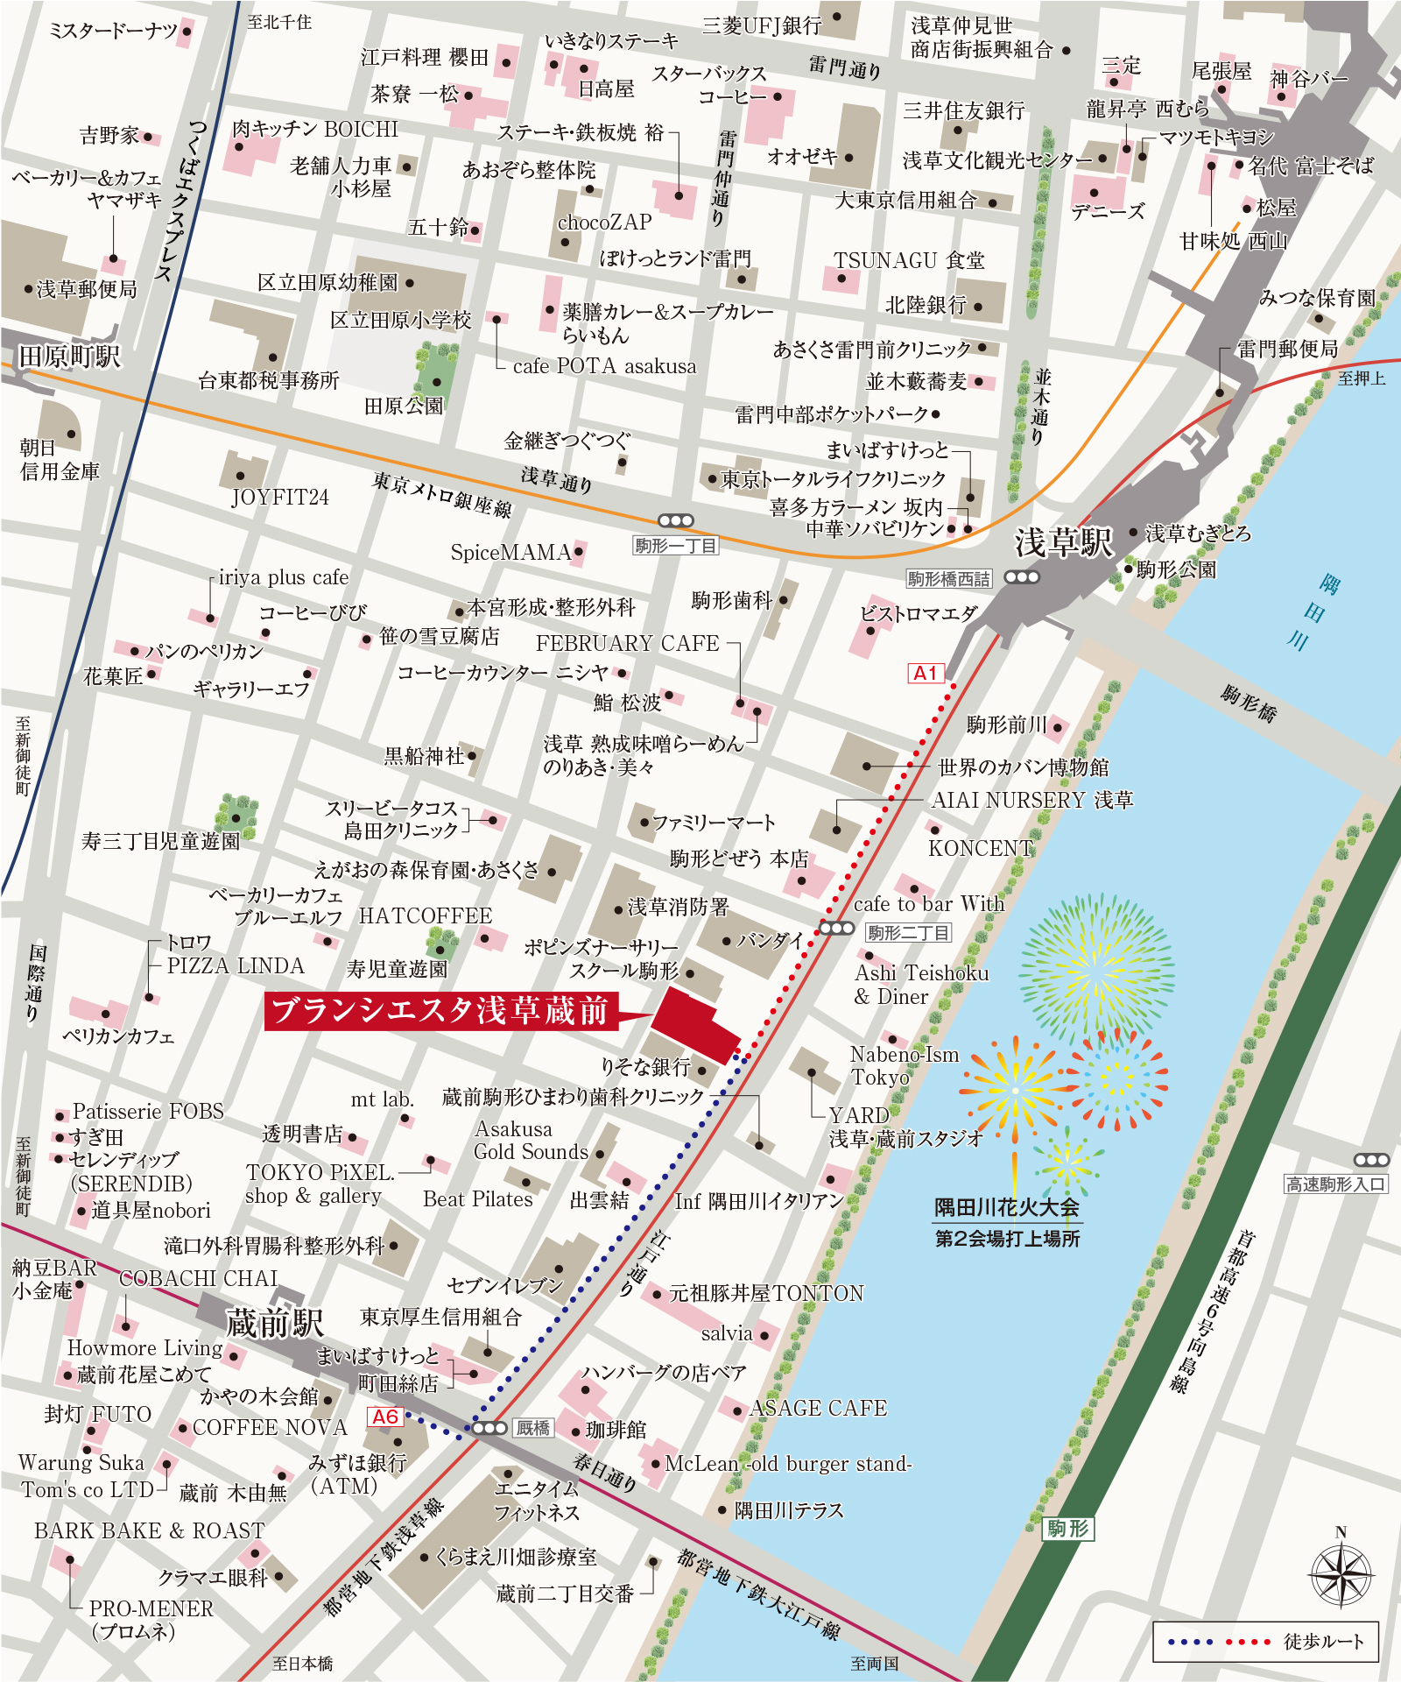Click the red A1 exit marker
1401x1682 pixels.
click(926, 673)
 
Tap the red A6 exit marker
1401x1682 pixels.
click(385, 1417)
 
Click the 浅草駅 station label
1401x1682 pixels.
click(1063, 542)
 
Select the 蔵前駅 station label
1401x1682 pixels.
click(275, 1323)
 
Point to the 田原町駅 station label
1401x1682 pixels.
click(69, 357)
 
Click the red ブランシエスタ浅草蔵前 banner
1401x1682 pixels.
click(440, 1011)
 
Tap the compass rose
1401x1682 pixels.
click(1341, 1574)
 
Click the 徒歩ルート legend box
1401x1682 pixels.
click(1265, 1642)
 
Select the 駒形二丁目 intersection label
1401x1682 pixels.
click(908, 933)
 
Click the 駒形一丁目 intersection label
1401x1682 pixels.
click(675, 546)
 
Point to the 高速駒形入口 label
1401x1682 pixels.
click(1335, 1184)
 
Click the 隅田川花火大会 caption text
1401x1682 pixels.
click(1007, 1208)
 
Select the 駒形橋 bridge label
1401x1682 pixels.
click(1249, 703)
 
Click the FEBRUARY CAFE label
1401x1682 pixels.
click(627, 643)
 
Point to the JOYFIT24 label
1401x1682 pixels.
click(280, 498)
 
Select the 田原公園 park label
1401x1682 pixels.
click(404, 406)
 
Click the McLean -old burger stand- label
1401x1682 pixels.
click(788, 1464)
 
